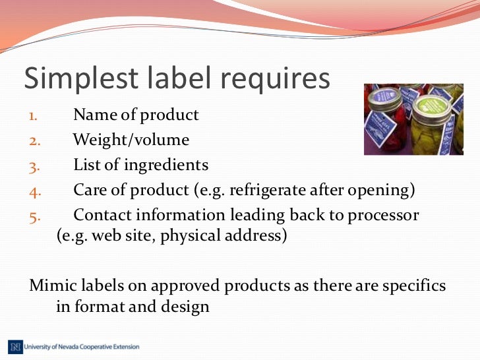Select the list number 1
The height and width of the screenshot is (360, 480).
point(34,116)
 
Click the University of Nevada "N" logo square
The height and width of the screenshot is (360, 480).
point(15,346)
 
